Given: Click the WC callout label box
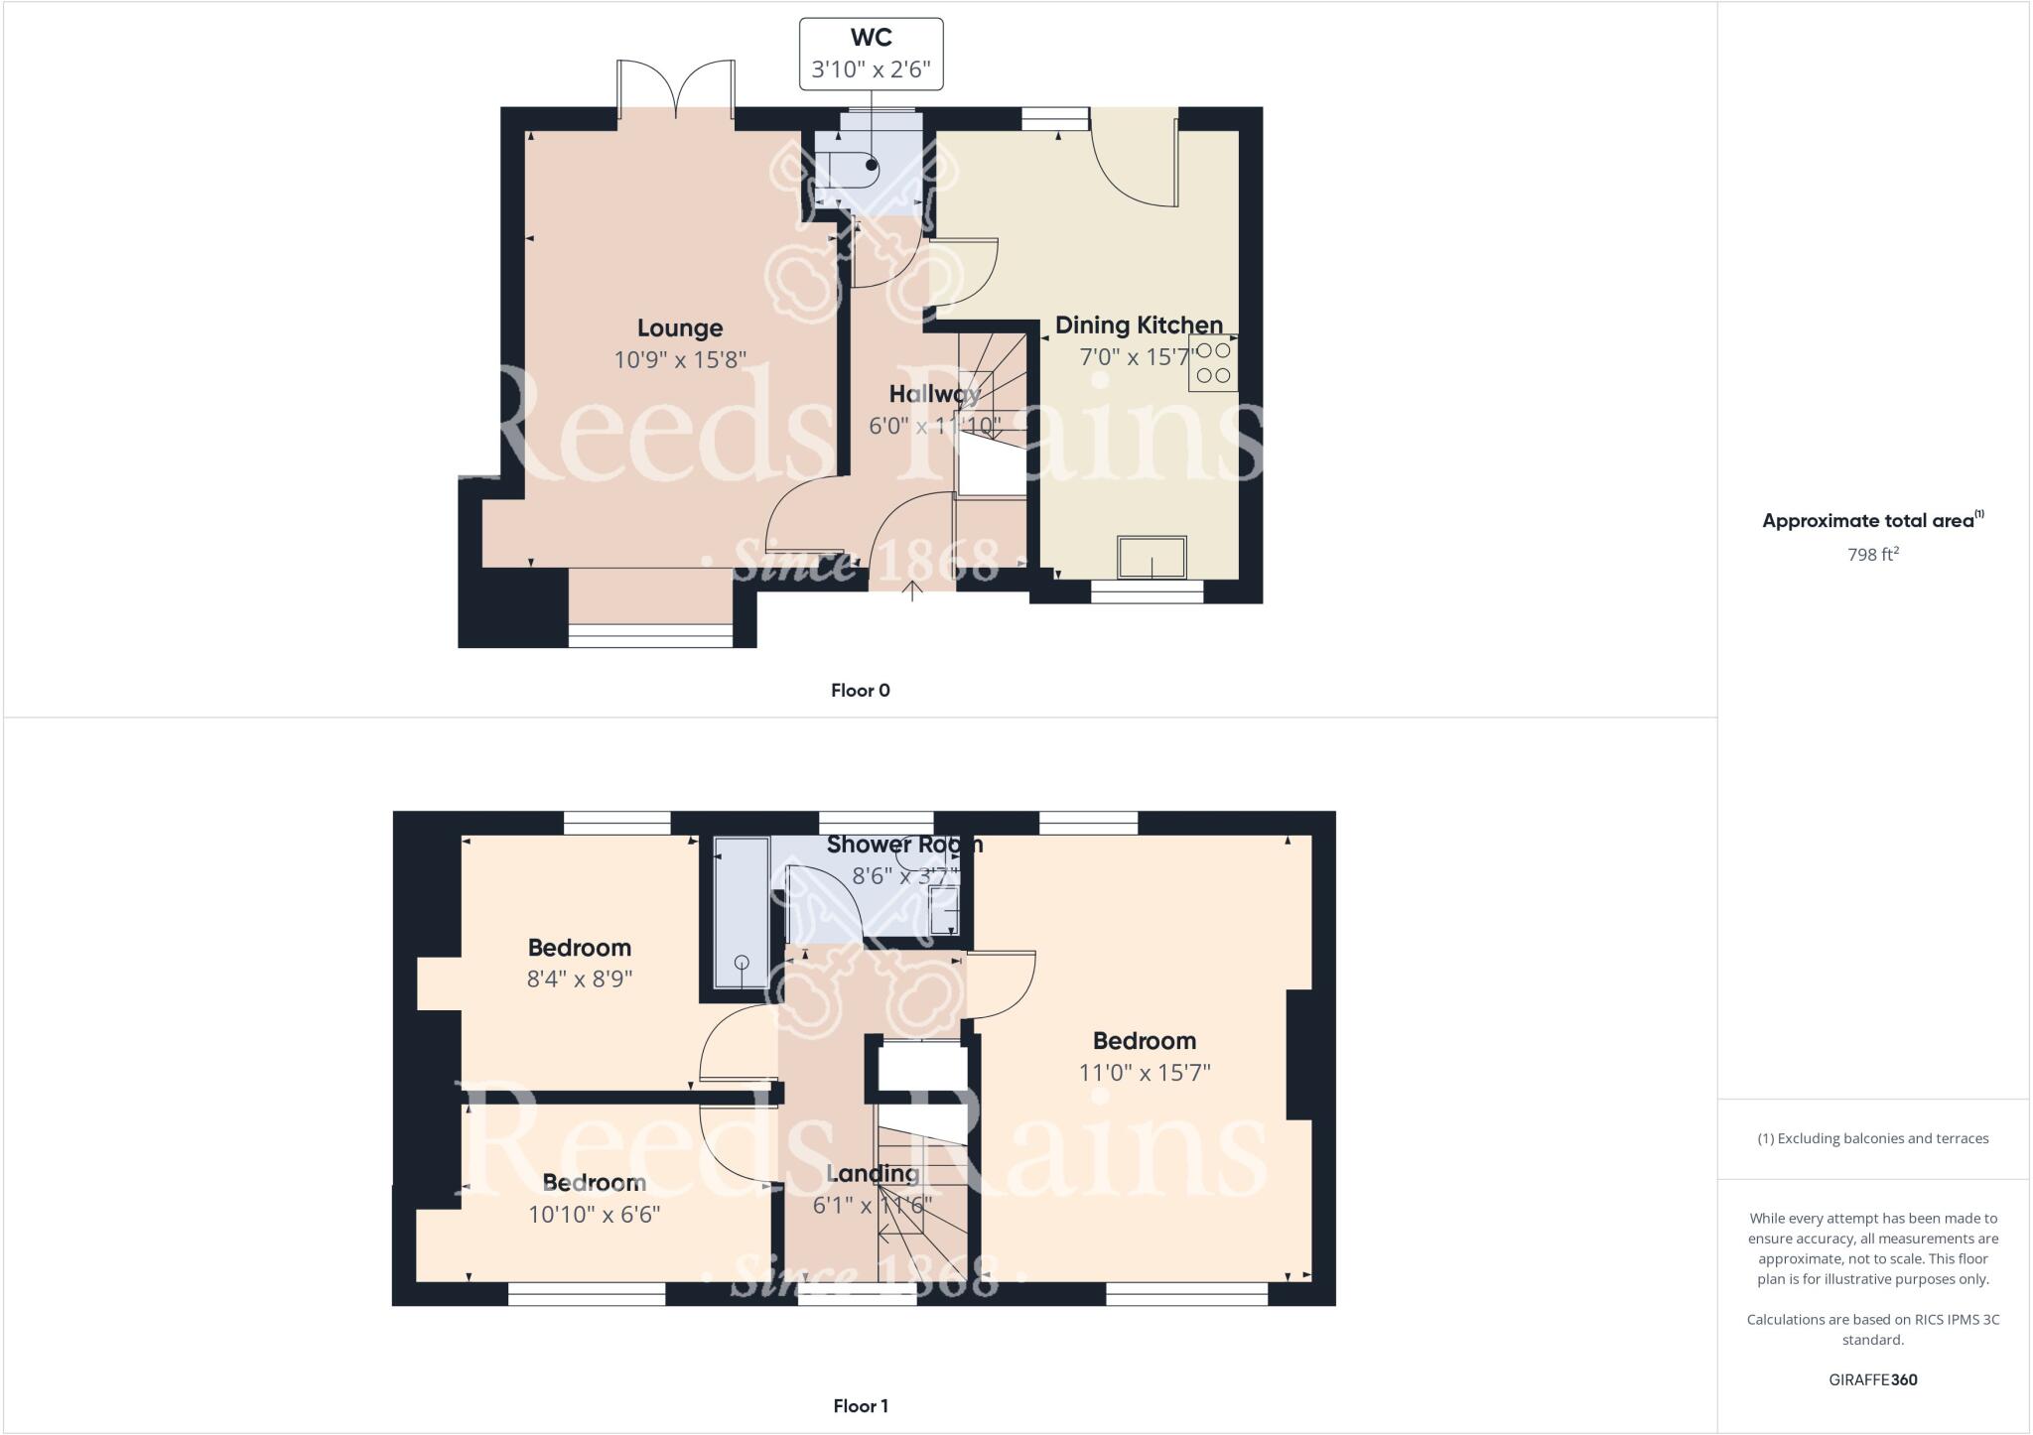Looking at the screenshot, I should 871,55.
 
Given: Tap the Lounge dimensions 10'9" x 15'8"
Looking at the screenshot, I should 679,359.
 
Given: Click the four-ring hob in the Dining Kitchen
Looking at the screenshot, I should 1212,363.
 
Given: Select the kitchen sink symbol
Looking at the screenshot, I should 1152,557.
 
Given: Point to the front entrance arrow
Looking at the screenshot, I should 912,591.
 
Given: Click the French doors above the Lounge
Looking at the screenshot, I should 676,89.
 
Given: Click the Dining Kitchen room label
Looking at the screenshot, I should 1138,325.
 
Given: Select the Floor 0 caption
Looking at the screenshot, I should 860,691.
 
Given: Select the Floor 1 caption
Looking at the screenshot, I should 860,1405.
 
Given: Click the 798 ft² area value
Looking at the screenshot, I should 1872,555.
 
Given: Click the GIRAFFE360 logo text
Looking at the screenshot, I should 1872,1379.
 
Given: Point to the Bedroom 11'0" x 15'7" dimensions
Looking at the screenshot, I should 1144,1073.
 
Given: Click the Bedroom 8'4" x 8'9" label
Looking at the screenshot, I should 579,948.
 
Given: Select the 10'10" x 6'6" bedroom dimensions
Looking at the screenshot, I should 594,1215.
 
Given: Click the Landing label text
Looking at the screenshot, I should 873,1174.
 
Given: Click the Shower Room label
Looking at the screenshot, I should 903,845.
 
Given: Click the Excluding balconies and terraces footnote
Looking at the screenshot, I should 1872,1138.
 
